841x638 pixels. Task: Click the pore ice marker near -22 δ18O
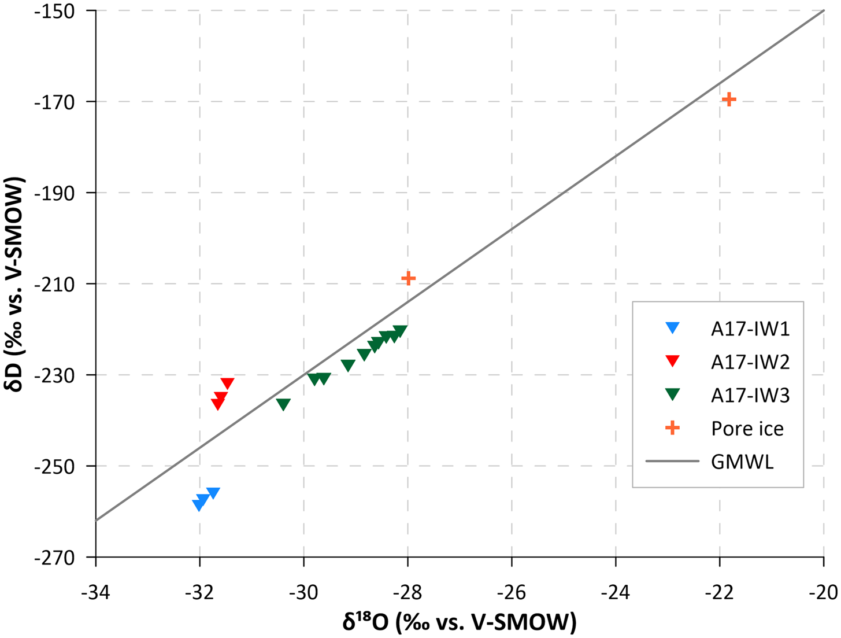click(729, 99)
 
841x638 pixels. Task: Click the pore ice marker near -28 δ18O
click(408, 279)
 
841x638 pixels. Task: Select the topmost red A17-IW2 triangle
click(227, 383)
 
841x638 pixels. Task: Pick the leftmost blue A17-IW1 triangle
click(198, 506)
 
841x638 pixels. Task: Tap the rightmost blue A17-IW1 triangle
click(213, 493)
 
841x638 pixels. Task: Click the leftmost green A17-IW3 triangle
click(283, 404)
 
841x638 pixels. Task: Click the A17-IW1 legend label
click(750, 329)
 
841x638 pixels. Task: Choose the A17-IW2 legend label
click(750, 362)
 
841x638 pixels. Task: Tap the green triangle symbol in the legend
click(672, 395)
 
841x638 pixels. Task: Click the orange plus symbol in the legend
click(672, 428)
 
